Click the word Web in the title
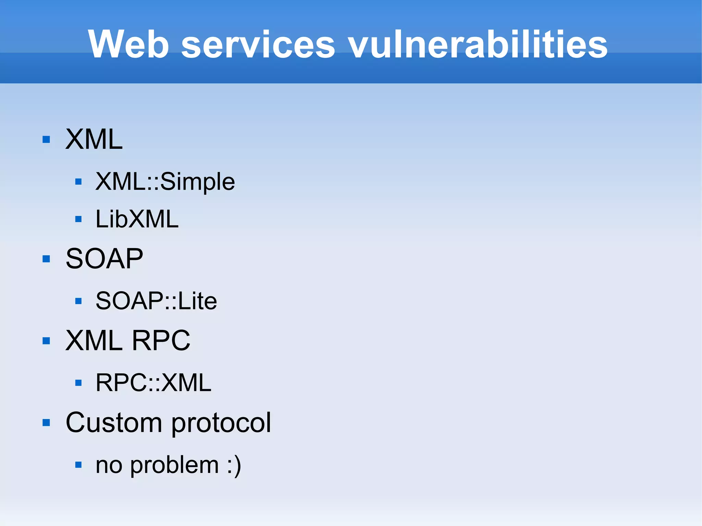(x=129, y=45)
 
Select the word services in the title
(x=258, y=45)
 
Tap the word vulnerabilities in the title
(x=478, y=45)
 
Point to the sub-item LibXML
(x=137, y=219)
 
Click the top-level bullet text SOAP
(x=104, y=259)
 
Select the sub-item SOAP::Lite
(x=156, y=301)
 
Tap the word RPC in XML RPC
(x=161, y=341)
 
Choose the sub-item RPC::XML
(x=153, y=382)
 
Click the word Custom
(x=114, y=423)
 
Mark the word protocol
(x=221, y=423)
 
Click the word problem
(x=174, y=465)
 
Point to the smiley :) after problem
(x=234, y=465)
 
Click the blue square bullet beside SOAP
(x=46, y=259)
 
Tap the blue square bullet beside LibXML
(x=78, y=219)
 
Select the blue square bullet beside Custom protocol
(x=46, y=423)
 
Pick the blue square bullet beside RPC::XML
(x=78, y=382)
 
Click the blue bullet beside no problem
(x=78, y=465)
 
